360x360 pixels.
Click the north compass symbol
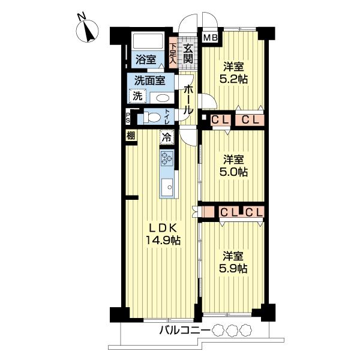(88, 31)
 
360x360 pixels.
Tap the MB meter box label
(211, 37)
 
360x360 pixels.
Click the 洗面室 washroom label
(149, 80)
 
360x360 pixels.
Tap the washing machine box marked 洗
(137, 96)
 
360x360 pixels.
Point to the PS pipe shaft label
(127, 118)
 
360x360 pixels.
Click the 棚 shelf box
(131, 136)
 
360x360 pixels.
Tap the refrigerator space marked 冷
(167, 137)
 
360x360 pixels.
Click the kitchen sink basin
(167, 187)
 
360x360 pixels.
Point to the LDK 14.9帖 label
(163, 234)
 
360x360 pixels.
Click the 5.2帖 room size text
(233, 79)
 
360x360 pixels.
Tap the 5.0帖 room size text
(233, 172)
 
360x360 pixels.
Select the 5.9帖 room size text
(233, 268)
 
